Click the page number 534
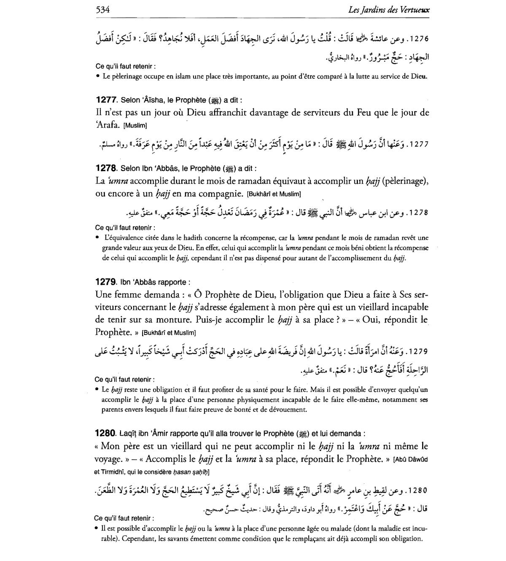point(103,10)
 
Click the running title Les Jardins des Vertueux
point(389,10)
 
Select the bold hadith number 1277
point(106,100)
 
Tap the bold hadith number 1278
point(106,168)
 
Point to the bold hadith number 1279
point(106,282)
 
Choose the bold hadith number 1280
point(106,433)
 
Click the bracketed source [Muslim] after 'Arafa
point(135,126)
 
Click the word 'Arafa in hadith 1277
point(108,125)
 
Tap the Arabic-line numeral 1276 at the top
point(419,39)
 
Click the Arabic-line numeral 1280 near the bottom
point(418,491)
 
